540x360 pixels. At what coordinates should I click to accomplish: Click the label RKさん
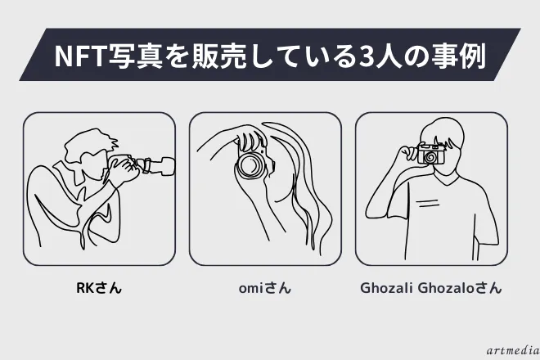pyautogui.click(x=99, y=288)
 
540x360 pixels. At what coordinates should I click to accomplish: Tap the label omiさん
pyautogui.click(x=265, y=288)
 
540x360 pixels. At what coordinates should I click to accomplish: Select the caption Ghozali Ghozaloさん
pyautogui.click(x=431, y=288)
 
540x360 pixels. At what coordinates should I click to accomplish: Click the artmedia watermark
pyautogui.click(x=513, y=351)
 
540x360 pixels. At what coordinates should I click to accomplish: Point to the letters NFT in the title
pyautogui.click(x=79, y=56)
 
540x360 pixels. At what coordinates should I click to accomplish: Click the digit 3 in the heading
pyautogui.click(x=367, y=56)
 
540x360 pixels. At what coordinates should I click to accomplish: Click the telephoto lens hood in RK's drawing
pyautogui.click(x=167, y=166)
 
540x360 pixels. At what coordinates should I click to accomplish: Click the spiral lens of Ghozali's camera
pyautogui.click(x=430, y=157)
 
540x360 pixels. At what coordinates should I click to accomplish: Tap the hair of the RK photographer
pyautogui.click(x=90, y=145)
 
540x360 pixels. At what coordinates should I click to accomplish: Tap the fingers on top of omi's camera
pyautogui.click(x=250, y=137)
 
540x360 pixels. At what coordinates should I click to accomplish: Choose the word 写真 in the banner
pyautogui.click(x=135, y=55)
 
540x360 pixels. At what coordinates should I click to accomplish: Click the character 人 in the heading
pyautogui.click(x=389, y=55)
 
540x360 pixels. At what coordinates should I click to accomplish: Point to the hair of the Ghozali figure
pyautogui.click(x=443, y=133)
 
